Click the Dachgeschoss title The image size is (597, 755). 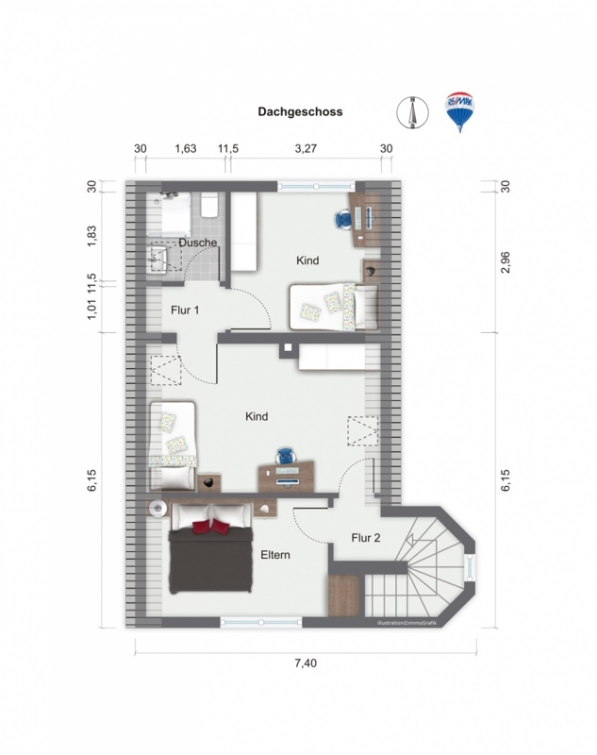300,111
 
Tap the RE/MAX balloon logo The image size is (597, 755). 460,111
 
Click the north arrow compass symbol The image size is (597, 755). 412,112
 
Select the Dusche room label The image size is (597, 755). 198,243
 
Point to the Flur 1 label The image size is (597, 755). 185,310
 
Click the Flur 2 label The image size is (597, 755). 366,537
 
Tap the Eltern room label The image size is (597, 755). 275,555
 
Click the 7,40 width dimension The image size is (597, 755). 306,663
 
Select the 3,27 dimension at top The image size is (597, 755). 306,148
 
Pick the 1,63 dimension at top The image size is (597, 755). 185,148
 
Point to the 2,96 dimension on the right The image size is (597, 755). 506,262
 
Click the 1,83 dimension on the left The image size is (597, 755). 91,237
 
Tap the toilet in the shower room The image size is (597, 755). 209,206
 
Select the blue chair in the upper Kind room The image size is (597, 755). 343,220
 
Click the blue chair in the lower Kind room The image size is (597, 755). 285,456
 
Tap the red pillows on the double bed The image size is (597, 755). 211,527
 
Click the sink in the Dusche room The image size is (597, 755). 158,260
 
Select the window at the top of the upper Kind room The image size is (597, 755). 316,187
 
